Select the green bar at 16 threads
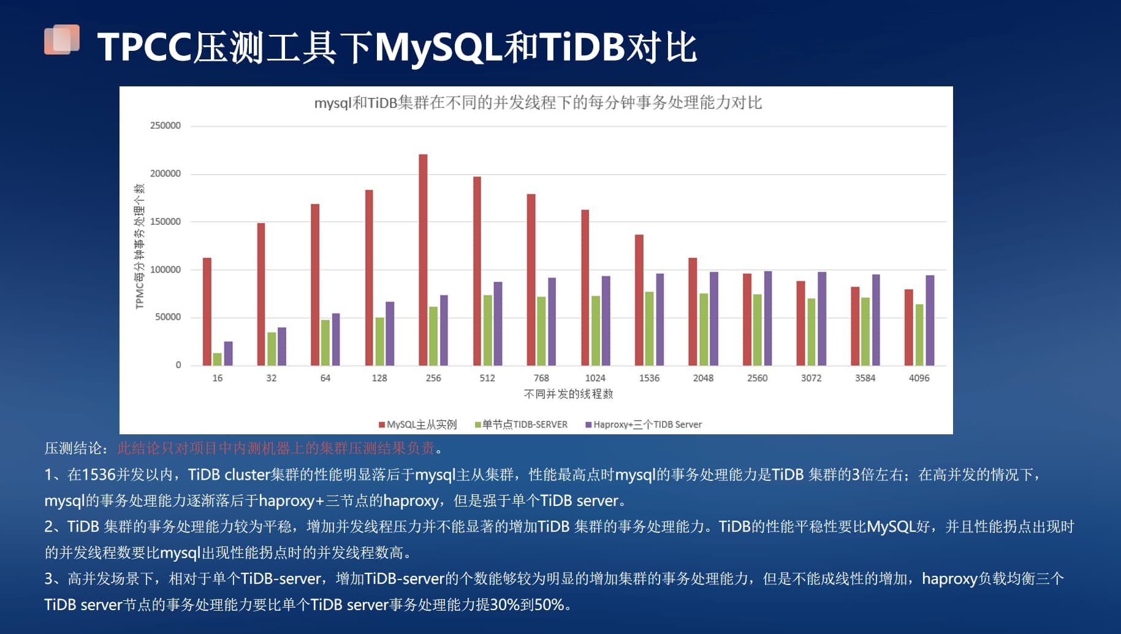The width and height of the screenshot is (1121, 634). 217,359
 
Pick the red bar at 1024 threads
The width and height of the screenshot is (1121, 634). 585,287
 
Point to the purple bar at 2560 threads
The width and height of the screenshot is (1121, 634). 768,318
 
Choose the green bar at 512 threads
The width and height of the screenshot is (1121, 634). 488,330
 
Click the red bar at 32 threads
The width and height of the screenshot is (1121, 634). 261,294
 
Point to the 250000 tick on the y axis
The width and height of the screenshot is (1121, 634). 165,126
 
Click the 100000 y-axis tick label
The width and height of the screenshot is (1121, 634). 165,270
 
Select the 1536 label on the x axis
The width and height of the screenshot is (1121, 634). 649,378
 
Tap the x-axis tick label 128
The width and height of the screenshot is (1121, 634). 379,378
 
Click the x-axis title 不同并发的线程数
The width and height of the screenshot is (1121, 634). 568,394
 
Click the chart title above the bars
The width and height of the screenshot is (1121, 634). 538,102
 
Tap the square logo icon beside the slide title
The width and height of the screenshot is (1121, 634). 62,40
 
